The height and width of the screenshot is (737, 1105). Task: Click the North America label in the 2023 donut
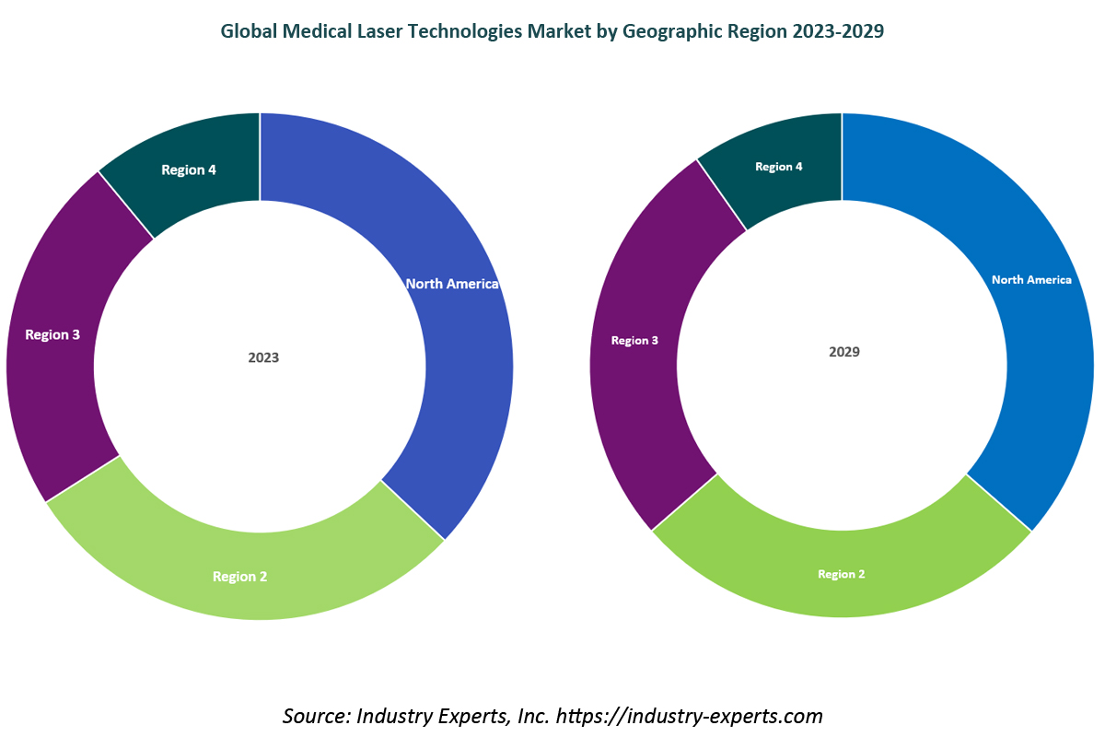452,284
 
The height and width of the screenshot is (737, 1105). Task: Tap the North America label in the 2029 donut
1031,279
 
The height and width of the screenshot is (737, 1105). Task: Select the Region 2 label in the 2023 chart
239,577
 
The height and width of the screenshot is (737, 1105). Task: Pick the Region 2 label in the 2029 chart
842,574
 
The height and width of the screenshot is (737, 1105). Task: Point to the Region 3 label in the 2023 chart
52,334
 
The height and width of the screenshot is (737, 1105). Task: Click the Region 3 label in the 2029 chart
634,340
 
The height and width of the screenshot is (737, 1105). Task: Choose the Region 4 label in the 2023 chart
189,170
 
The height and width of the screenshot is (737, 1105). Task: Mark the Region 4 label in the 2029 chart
779,167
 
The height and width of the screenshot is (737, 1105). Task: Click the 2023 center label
263,357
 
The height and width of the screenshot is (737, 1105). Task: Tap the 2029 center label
844,352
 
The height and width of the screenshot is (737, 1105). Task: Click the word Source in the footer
313,715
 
